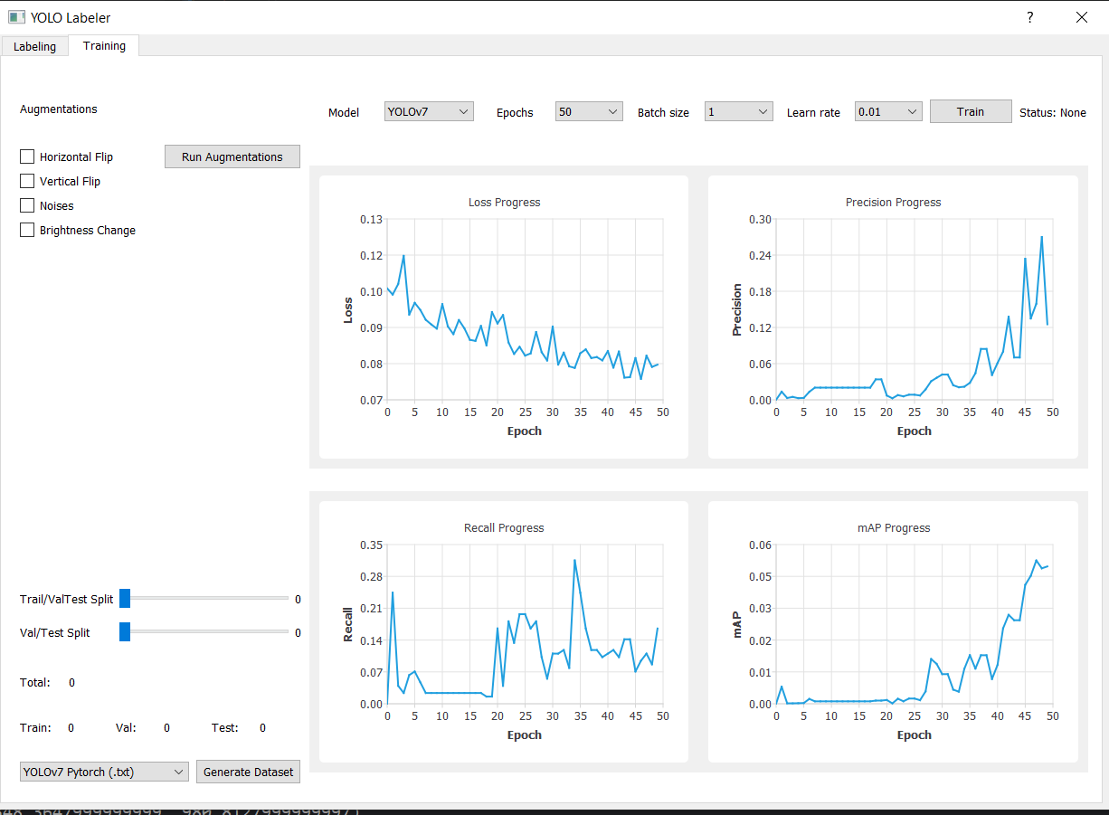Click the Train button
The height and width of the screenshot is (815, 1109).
[971, 111]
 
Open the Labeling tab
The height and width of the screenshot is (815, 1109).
[34, 46]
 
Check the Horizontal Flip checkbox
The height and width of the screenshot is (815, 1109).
[27, 156]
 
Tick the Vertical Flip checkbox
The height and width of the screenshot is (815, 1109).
[27, 181]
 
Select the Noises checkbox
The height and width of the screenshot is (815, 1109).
[27, 205]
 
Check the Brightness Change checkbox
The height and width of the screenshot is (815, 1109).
[27, 230]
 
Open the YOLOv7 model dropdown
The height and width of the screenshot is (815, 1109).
[429, 111]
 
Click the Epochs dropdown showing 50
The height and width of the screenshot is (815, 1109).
[589, 111]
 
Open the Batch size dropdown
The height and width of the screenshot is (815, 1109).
[738, 111]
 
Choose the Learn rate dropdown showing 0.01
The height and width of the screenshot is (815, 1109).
[888, 111]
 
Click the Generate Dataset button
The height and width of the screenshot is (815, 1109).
[248, 772]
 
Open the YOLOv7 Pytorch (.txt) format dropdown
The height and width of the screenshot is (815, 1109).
[104, 772]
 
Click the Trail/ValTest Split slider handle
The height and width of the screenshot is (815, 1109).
[125, 598]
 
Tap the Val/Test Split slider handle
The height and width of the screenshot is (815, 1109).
[125, 632]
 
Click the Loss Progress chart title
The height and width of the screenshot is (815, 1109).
[504, 203]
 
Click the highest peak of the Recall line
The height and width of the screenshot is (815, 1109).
[574, 560]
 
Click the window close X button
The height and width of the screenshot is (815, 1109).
[1082, 17]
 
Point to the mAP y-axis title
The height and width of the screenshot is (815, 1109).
[736, 624]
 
